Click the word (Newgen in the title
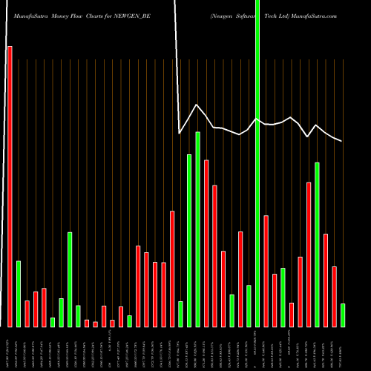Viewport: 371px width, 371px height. [x=222, y=15]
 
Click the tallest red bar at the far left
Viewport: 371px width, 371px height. [x=10, y=185]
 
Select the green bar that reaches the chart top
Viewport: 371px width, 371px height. [x=257, y=163]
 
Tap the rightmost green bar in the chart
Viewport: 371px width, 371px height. [x=343, y=315]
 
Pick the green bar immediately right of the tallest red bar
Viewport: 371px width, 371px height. [x=19, y=294]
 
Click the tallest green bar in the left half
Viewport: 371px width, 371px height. [x=70, y=279]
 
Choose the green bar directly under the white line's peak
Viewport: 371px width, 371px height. [x=197, y=229]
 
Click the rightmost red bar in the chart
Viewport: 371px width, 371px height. [x=334, y=296]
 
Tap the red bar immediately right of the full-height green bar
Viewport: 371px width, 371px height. [x=266, y=271]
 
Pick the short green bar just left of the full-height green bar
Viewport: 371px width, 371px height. [x=249, y=306]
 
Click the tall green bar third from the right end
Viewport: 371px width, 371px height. [x=317, y=244]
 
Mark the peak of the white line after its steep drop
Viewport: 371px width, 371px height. [x=197, y=105]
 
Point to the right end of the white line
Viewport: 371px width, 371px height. [x=341, y=141]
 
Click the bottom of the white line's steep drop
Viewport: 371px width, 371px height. [x=180, y=133]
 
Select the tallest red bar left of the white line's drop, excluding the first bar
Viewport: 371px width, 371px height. [x=172, y=269]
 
